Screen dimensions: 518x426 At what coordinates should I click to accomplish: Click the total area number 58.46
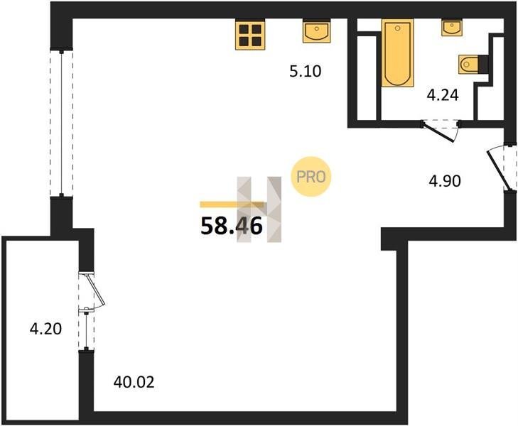[231, 226]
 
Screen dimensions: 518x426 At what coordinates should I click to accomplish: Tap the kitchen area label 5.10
[306, 71]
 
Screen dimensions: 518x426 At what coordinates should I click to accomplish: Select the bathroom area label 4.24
[443, 95]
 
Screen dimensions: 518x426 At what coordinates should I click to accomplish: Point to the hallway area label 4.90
[445, 181]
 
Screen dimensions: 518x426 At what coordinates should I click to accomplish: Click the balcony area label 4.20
[45, 329]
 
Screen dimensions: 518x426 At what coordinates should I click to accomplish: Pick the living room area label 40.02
[134, 383]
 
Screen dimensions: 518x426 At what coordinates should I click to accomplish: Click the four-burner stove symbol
[250, 35]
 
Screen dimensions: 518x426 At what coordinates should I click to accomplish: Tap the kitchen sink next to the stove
[317, 31]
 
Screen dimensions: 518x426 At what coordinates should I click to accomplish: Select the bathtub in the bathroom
[398, 53]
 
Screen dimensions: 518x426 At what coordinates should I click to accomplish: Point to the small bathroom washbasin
[452, 27]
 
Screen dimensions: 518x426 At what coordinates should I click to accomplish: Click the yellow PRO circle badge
[311, 177]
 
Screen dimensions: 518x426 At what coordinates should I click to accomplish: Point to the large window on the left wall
[61, 123]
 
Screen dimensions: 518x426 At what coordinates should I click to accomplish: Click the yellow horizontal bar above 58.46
[232, 205]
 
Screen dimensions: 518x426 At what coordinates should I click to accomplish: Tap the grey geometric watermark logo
[259, 209]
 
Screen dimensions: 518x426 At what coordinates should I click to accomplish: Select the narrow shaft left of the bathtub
[367, 77]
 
